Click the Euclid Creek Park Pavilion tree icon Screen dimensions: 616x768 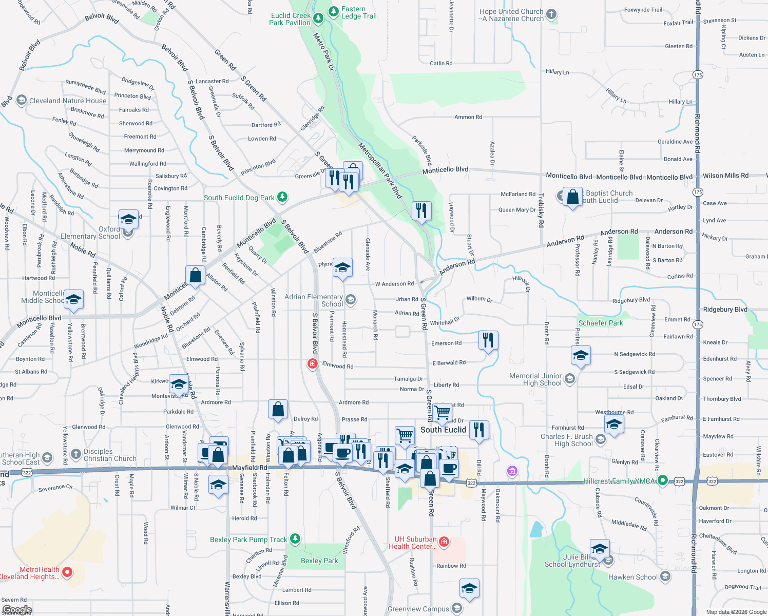point(318,19)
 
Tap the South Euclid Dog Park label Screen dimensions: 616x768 point(239,198)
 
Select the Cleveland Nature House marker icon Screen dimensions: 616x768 point(21,100)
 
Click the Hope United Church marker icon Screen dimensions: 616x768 point(551,14)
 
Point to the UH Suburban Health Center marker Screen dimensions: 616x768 point(445,542)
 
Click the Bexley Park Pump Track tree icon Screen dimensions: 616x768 point(295,539)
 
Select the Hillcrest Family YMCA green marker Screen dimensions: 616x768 point(663,481)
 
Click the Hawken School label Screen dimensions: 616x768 point(632,577)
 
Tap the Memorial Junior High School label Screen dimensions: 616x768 point(535,379)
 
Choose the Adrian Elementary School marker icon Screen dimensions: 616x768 point(351,299)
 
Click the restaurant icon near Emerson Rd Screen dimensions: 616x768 point(488,339)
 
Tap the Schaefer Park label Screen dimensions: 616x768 point(601,323)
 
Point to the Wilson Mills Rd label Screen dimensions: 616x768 point(725,176)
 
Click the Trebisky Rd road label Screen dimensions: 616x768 point(541,210)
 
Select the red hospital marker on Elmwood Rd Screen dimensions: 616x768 point(312,364)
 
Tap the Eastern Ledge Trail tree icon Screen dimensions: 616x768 point(334,11)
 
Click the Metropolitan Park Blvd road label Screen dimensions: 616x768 point(380,170)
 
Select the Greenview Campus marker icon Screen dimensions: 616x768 point(456,609)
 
